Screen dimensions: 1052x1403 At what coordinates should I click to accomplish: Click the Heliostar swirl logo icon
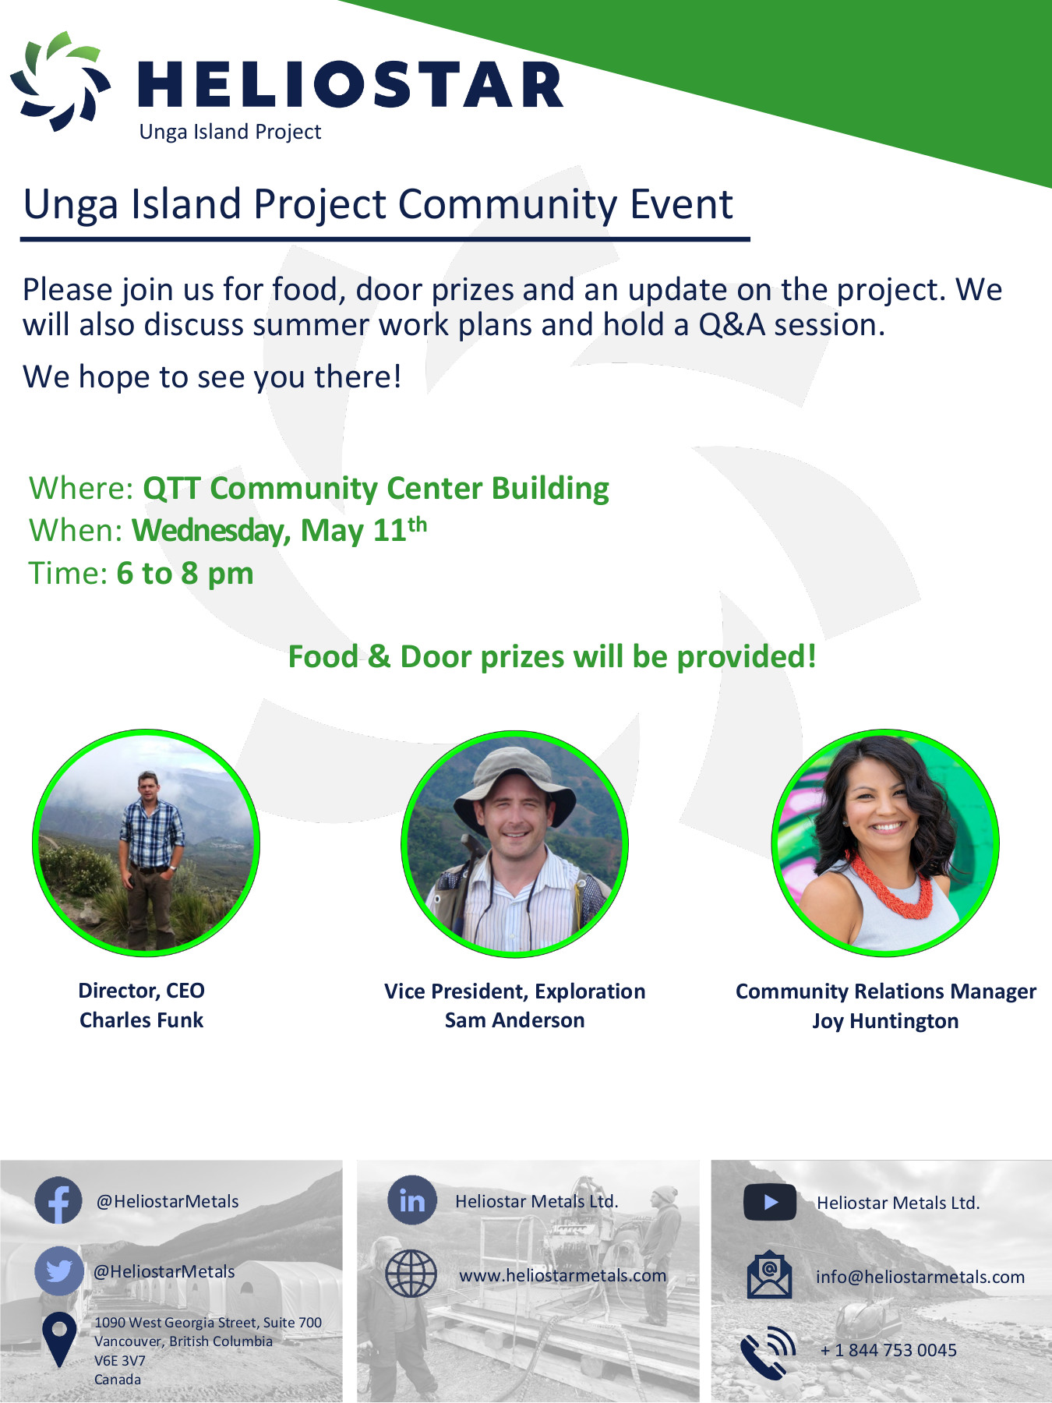[60, 80]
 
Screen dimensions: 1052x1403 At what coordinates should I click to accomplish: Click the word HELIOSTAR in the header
[350, 85]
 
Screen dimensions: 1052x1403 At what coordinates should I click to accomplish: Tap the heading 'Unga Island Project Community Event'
[378, 205]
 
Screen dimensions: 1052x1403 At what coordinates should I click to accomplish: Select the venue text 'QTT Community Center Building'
[376, 489]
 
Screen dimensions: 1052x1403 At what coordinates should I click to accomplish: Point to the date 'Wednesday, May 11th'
[279, 530]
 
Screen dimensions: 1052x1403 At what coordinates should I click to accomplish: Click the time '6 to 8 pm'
[185, 574]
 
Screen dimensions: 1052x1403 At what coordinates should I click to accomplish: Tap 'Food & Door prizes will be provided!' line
[552, 656]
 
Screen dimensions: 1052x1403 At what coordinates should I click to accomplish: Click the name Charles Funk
[141, 1020]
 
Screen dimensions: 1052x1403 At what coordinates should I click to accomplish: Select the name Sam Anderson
[514, 1020]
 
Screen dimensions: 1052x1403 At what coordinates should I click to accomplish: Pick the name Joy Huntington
[885, 1021]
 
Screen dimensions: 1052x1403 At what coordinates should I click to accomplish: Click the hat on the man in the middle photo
[514, 782]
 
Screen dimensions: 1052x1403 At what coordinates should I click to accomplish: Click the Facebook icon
[58, 1200]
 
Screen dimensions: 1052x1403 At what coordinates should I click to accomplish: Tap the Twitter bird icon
[58, 1271]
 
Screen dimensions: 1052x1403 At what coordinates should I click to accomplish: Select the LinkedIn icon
[411, 1200]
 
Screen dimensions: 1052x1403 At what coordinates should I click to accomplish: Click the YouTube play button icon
[770, 1202]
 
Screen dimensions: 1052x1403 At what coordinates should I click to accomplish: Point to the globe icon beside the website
[411, 1274]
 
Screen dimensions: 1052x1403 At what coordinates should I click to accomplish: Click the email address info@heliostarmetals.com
[920, 1277]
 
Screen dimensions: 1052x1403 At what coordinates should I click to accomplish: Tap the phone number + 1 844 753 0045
[888, 1350]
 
